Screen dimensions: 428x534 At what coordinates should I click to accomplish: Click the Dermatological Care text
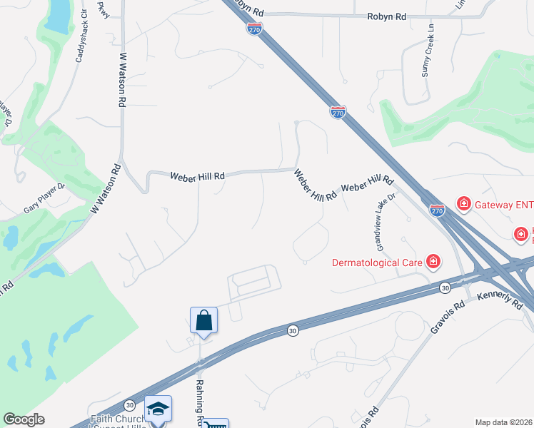pos(377,262)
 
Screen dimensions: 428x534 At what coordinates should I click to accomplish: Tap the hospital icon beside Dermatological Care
pos(432,262)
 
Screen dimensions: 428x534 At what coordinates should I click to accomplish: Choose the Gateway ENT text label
pos(504,205)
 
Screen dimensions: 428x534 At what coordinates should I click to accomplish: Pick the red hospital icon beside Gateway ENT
pos(463,205)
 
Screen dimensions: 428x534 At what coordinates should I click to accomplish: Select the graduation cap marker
pos(158,409)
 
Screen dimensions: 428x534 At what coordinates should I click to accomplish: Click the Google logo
pos(24,419)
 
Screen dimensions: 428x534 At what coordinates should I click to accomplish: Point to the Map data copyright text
pos(504,422)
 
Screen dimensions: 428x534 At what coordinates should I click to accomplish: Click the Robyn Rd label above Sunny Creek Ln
pos(386,16)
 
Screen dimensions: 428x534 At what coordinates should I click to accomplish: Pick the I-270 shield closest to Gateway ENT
pos(438,210)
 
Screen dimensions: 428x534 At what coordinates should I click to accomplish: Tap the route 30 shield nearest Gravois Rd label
pos(444,287)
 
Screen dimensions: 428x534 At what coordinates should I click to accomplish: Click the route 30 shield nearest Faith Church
pos(129,405)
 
